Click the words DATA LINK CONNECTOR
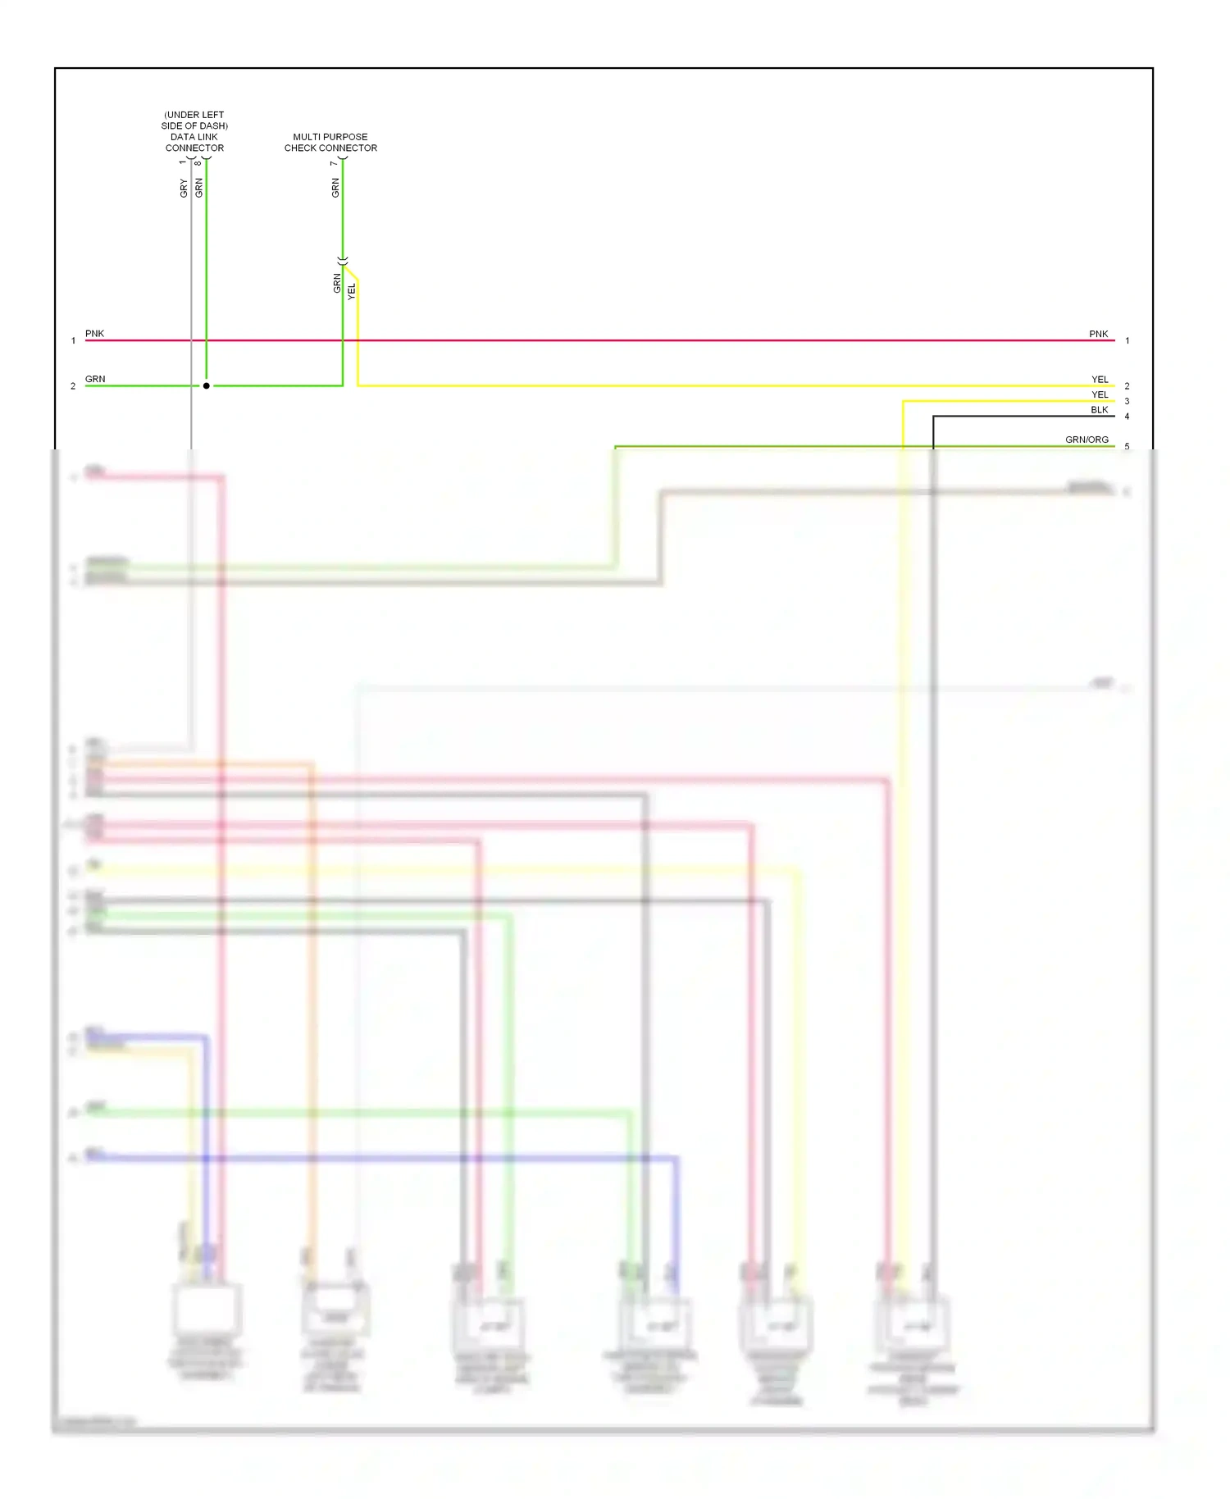[x=194, y=143]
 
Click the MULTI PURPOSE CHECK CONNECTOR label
[x=330, y=143]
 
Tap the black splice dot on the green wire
[x=207, y=385]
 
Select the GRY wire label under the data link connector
[x=184, y=188]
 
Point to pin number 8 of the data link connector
[x=198, y=162]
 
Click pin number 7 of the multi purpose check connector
[x=334, y=163]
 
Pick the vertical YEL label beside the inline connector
[x=352, y=291]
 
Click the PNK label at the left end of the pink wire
[x=94, y=334]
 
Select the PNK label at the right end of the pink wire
[x=1098, y=334]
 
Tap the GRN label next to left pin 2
[x=95, y=379]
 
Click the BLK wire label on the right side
[x=1099, y=410]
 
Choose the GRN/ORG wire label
[x=1086, y=440]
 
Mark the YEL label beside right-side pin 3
[x=1100, y=394]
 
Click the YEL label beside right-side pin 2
[x=1100, y=380]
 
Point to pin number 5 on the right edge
[x=1127, y=447]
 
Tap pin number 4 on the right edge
[x=1127, y=417]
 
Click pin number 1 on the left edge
[x=73, y=340]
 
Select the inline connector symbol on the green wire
[x=343, y=260]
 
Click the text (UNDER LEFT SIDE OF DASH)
[x=194, y=121]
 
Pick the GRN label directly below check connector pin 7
[x=335, y=188]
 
